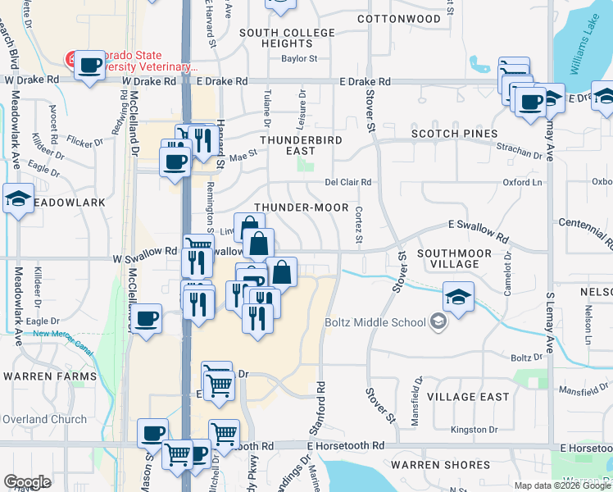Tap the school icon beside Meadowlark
click(18, 198)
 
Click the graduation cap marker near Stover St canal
click(458, 297)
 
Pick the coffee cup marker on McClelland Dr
click(147, 318)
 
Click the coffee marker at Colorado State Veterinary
click(89, 65)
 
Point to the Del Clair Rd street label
click(348, 182)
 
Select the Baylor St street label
click(299, 59)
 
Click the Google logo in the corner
click(27, 482)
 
